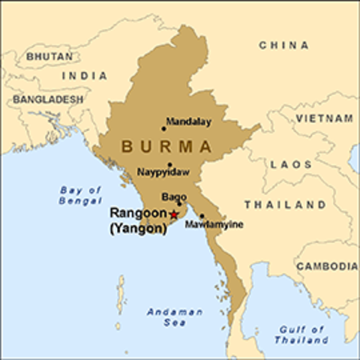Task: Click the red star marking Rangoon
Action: pos(174,214)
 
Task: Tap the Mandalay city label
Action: pos(188,121)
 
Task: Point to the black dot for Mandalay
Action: pos(163,129)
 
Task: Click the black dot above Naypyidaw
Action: pos(169,164)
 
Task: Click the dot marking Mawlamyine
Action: pos(201,216)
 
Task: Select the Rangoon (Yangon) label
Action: pos(138,221)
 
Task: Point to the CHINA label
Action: pos(283,46)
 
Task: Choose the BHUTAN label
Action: pos(49,56)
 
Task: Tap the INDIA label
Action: pos(83,76)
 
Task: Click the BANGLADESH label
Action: pos(47,99)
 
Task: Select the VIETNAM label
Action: pos(324,118)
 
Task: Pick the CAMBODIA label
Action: pos(326,266)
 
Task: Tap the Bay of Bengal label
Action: pos(79,196)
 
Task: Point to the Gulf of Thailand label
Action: pos(300,334)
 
